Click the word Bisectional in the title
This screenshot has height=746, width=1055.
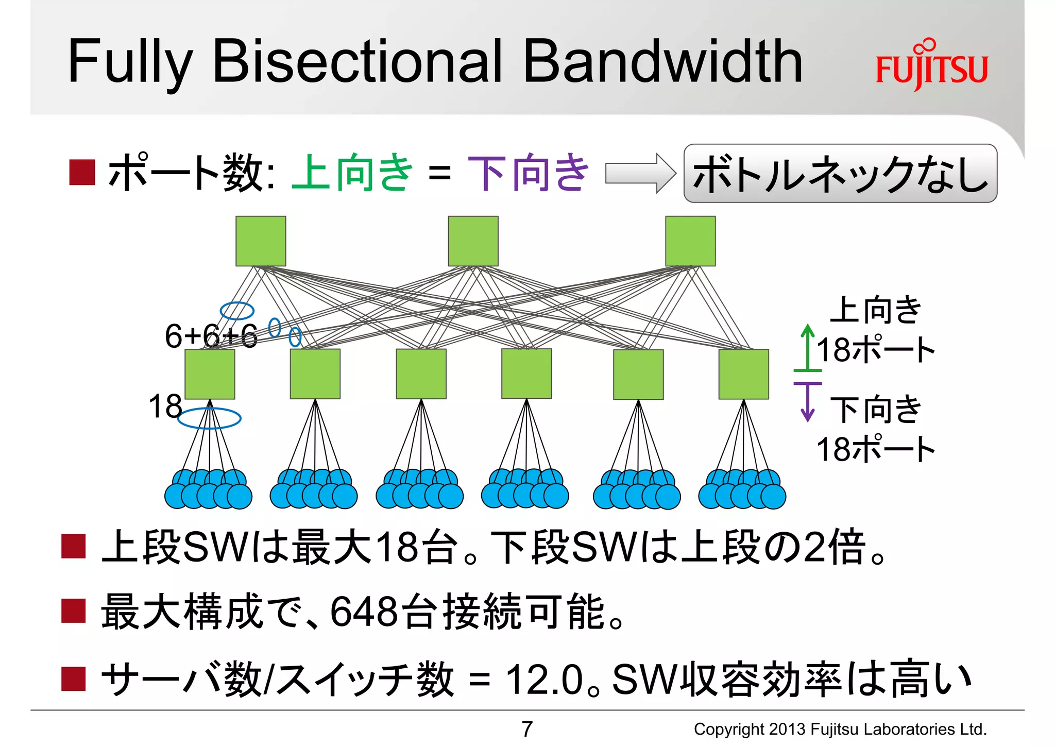click(x=356, y=62)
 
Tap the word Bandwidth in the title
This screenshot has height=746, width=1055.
click(x=662, y=62)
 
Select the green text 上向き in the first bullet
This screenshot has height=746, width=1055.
click(x=352, y=173)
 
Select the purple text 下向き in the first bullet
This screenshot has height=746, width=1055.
click(x=527, y=173)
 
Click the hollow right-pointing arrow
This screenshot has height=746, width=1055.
click(x=640, y=173)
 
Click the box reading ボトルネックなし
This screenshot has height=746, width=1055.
click(x=840, y=174)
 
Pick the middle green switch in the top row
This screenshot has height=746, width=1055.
click(x=473, y=241)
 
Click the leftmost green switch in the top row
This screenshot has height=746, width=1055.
click(x=261, y=241)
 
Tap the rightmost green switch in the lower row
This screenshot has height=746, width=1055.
click(x=743, y=374)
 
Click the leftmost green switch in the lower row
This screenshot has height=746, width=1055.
click(x=210, y=374)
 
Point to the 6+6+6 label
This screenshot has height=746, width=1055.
click(x=211, y=336)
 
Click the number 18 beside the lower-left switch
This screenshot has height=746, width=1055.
click(x=165, y=406)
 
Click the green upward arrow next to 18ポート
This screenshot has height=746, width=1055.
click(x=808, y=348)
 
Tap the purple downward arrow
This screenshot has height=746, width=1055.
click(x=807, y=403)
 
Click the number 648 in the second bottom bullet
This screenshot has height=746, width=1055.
click(x=363, y=612)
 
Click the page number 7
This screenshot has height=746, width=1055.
click(x=526, y=729)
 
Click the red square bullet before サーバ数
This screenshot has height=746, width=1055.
click(x=73, y=679)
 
